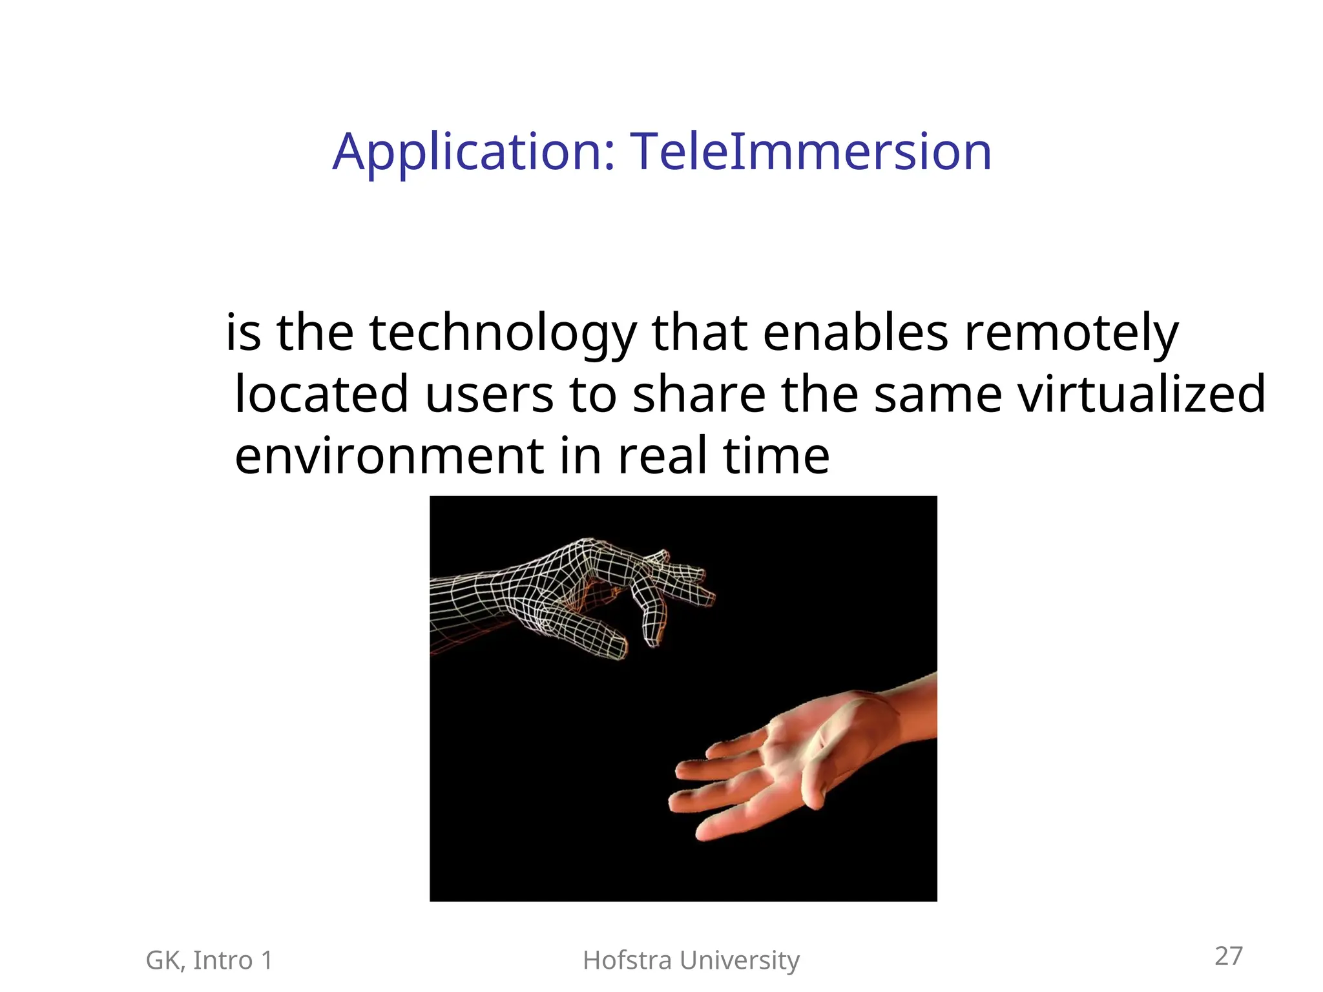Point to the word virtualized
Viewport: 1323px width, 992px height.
(x=1141, y=395)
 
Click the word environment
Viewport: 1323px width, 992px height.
(x=389, y=456)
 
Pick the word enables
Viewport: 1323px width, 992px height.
(x=855, y=333)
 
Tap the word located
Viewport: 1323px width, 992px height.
(x=321, y=395)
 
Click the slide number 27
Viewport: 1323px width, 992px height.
(x=1228, y=956)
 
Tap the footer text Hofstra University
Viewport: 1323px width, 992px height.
(x=691, y=961)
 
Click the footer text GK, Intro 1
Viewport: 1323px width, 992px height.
(x=209, y=961)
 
